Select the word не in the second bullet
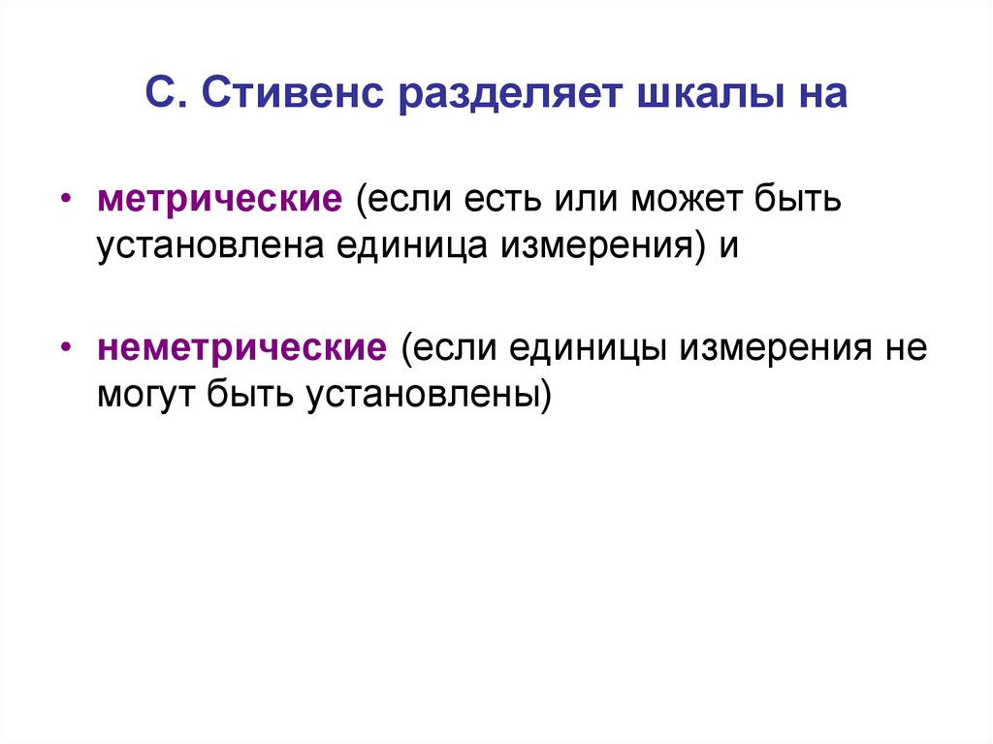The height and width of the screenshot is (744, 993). coord(906,346)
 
